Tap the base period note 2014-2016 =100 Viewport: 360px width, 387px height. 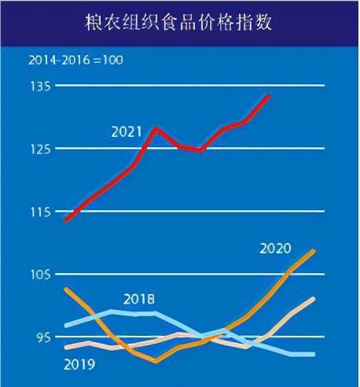pos(76,60)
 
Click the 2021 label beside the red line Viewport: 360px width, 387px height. pos(127,133)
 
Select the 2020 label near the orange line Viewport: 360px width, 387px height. pos(274,249)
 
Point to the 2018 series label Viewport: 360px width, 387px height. pos(139,299)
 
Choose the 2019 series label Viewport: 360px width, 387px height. pos(79,364)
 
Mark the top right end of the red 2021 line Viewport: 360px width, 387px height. pos(270,95)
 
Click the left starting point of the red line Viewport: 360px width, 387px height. pos(66,220)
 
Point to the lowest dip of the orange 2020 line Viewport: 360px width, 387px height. pos(156,361)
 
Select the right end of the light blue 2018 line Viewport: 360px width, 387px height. pos(314,354)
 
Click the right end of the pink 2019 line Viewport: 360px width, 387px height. pos(314,298)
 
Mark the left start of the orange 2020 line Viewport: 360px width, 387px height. pos(66,289)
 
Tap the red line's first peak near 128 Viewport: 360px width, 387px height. pos(156,127)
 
